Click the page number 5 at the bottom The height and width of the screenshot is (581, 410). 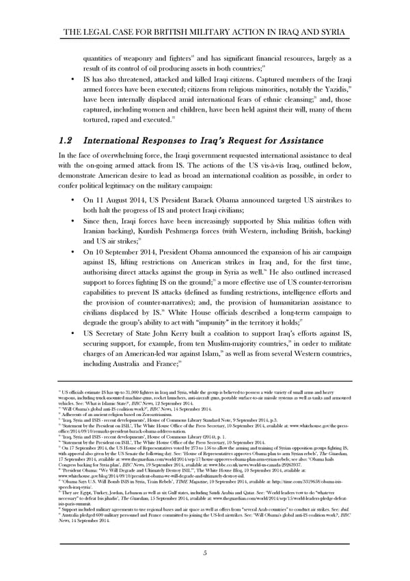205,552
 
